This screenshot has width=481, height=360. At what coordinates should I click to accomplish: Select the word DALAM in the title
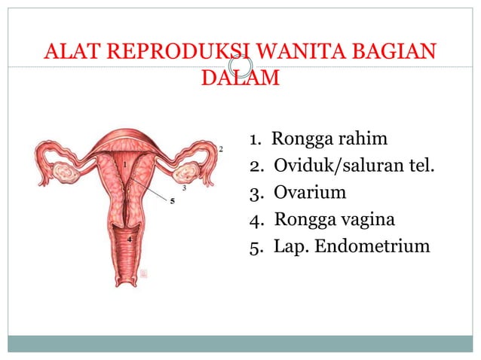click(x=240, y=78)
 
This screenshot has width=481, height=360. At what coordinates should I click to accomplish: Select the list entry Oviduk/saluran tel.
click(x=354, y=165)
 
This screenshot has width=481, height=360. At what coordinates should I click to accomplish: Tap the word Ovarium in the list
click(x=310, y=192)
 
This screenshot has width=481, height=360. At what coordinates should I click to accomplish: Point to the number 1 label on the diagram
click(x=124, y=163)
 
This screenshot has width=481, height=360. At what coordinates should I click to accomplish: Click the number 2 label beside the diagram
click(x=221, y=149)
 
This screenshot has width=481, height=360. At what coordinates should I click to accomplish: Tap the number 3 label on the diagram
click(x=185, y=188)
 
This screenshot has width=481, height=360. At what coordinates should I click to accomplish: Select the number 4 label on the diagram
click(x=129, y=239)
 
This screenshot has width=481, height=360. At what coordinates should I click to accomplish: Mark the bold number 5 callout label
click(x=172, y=201)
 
